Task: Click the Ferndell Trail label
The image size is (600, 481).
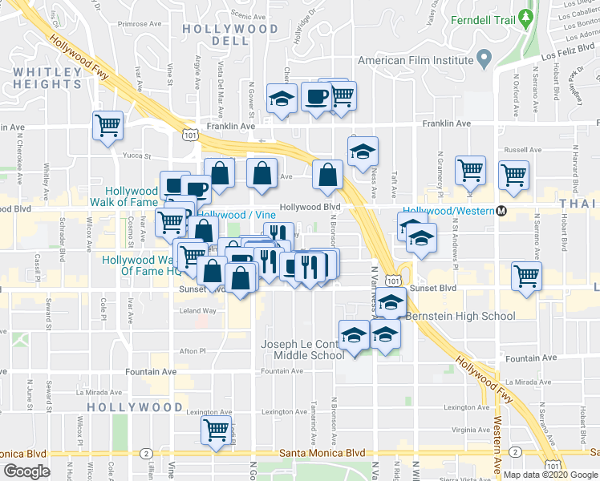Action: pos(481,20)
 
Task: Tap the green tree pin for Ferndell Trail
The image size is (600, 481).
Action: pos(526,16)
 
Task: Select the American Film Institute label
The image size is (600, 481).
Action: pos(416,60)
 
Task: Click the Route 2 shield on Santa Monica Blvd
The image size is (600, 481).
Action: pos(144,454)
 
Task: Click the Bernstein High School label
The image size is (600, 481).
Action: pos(460,316)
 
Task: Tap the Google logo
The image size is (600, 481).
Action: pos(26,471)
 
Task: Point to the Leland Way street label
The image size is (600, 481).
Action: pos(197,311)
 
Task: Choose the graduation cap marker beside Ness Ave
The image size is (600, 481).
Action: pos(363,150)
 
